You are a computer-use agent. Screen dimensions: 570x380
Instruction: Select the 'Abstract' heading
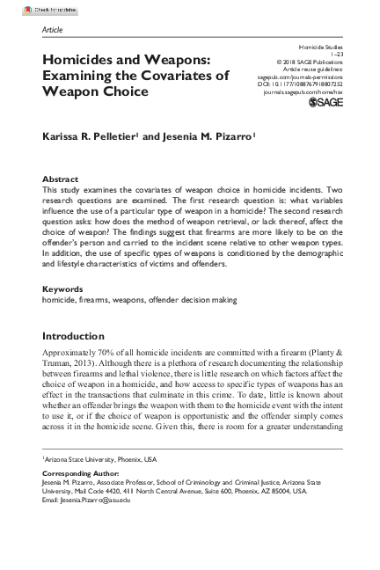click(x=60, y=178)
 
